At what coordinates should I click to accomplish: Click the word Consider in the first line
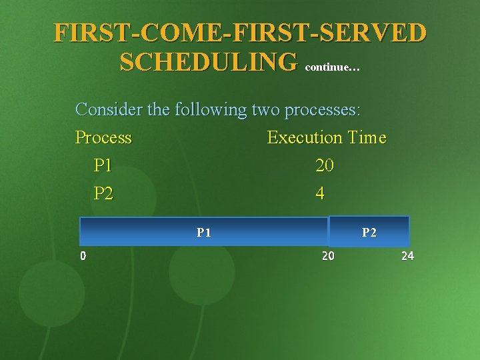[x=109, y=109]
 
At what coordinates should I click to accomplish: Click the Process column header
[x=103, y=137]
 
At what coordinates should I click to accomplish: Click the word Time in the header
[x=366, y=137]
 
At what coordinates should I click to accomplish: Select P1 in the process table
[x=103, y=165]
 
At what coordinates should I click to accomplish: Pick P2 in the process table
[x=103, y=193]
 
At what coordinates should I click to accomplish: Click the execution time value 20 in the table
[x=325, y=165]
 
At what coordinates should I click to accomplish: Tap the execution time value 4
[x=320, y=193]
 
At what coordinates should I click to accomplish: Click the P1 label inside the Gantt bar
[x=204, y=233]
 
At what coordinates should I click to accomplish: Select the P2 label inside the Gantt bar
[x=369, y=233]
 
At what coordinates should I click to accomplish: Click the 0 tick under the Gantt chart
[x=82, y=256]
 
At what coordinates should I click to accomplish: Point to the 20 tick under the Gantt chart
[x=328, y=256]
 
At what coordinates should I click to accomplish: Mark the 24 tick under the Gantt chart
[x=407, y=256]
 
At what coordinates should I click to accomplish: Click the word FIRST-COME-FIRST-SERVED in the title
[x=240, y=32]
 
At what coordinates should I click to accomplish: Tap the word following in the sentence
[x=210, y=109]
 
